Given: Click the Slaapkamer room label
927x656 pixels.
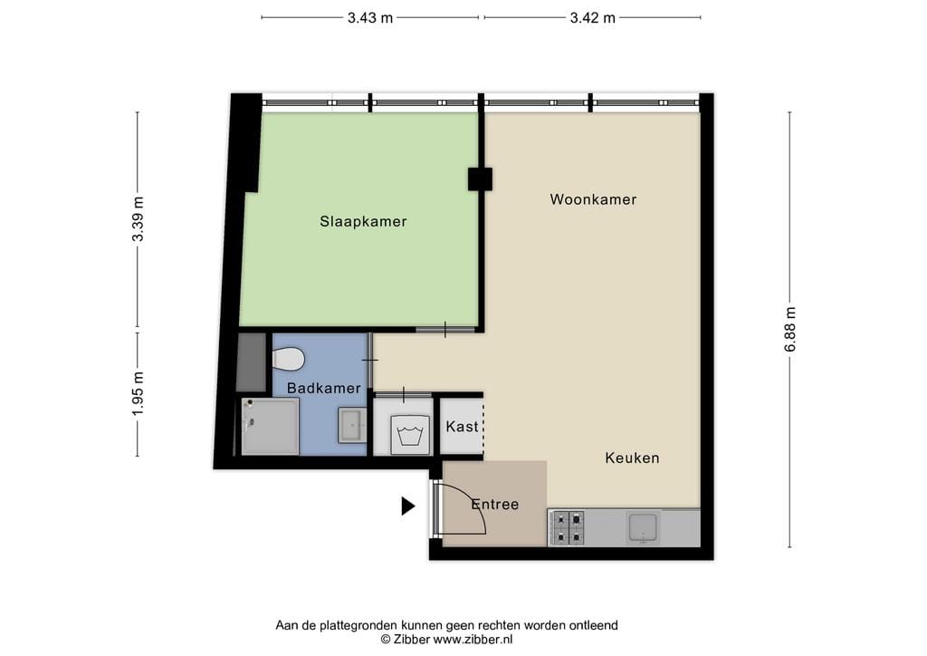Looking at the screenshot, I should click(x=362, y=221).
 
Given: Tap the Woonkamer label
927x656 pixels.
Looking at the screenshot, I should click(x=593, y=199).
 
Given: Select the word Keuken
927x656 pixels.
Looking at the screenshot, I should click(x=632, y=458).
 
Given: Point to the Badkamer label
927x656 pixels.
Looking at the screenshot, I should click(x=323, y=389).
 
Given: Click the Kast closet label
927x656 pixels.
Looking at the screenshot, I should click(x=462, y=426).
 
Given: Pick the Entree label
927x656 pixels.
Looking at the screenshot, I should click(x=494, y=505).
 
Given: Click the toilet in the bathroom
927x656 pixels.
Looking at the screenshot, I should click(x=288, y=360).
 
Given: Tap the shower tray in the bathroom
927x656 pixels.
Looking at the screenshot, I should click(x=270, y=427).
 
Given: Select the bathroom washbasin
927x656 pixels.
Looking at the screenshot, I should click(x=351, y=425).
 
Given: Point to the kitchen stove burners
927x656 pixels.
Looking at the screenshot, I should click(x=567, y=527).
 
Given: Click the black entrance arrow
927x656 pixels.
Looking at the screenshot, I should click(x=407, y=506).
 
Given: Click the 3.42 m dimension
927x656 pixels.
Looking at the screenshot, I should click(x=592, y=17).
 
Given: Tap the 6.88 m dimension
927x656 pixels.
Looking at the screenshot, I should click(x=790, y=329).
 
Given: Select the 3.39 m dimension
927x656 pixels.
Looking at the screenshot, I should click(x=138, y=219).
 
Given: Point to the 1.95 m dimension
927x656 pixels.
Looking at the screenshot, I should click(x=138, y=394).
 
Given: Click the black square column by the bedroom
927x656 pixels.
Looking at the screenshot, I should click(x=480, y=178).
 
